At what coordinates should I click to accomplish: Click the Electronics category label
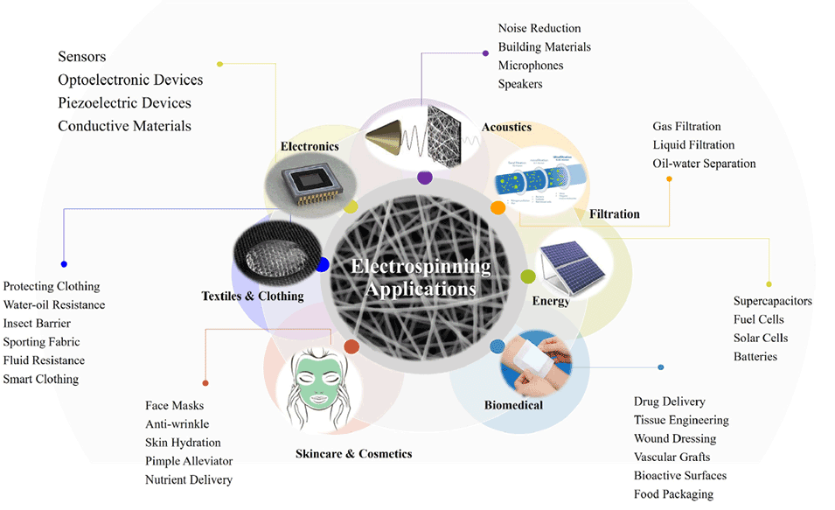[x=309, y=146]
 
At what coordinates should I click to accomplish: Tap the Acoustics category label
[x=506, y=128]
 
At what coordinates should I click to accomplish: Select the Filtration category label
[x=614, y=214]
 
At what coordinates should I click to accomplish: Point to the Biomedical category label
[x=513, y=405]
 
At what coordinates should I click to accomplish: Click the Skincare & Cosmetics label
[x=353, y=454]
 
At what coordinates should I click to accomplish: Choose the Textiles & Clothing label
[x=253, y=297]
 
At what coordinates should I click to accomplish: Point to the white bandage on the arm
[x=533, y=359]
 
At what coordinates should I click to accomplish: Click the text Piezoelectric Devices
[x=124, y=103]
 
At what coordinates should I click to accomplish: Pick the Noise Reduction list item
[x=539, y=29]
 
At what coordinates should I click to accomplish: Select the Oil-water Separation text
[x=704, y=164]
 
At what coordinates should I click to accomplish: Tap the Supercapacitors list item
[x=772, y=302]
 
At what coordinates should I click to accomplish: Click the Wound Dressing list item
[x=674, y=438]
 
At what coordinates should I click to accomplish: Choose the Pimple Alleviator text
[x=189, y=461]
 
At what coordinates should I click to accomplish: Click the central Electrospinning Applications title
[x=421, y=277]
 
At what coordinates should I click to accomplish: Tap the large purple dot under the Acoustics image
[x=425, y=178]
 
